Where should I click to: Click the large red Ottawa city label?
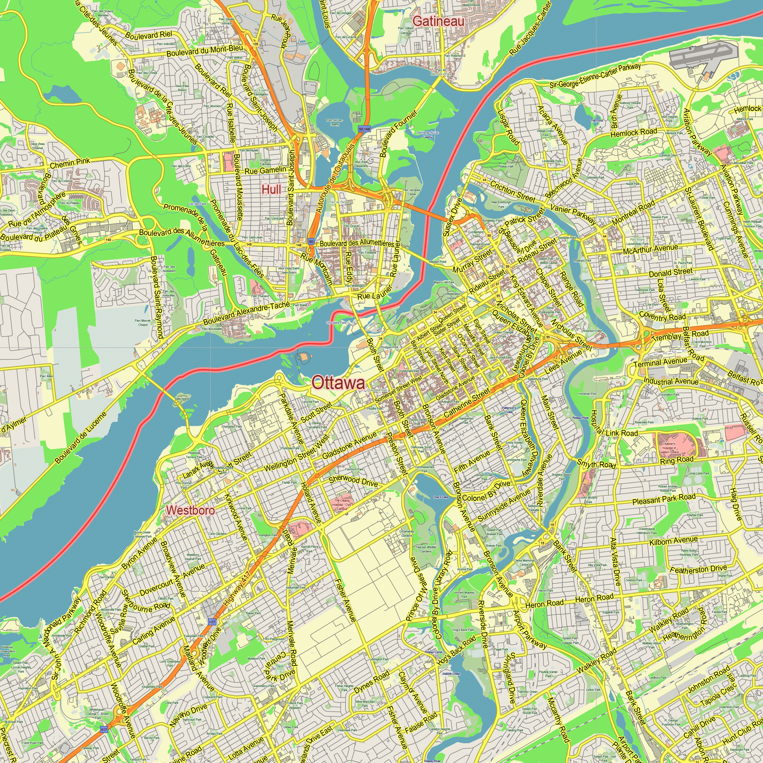click(x=338, y=383)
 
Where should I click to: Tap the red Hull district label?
click(x=271, y=190)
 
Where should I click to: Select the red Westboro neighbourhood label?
click(x=190, y=510)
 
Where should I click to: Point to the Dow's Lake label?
click(x=441, y=497)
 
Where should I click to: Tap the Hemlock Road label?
click(x=633, y=133)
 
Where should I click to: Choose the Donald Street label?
click(x=671, y=272)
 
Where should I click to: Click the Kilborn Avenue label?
click(x=673, y=541)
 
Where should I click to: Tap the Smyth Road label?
click(x=596, y=464)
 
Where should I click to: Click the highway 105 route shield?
click(x=256, y=44)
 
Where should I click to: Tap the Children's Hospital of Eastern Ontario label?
click(x=669, y=448)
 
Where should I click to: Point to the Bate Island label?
click(x=182, y=399)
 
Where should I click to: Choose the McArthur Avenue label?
click(x=650, y=250)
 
